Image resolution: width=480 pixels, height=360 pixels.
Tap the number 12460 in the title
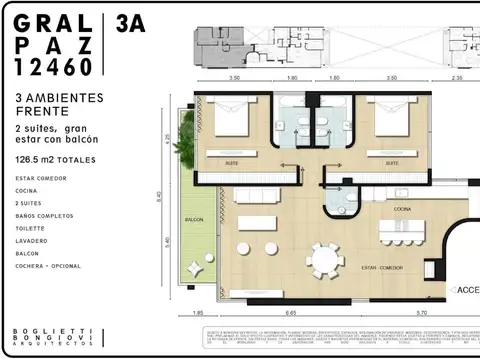54,66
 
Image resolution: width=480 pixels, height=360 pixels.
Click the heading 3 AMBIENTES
61,98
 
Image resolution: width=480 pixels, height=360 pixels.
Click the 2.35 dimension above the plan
457,76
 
